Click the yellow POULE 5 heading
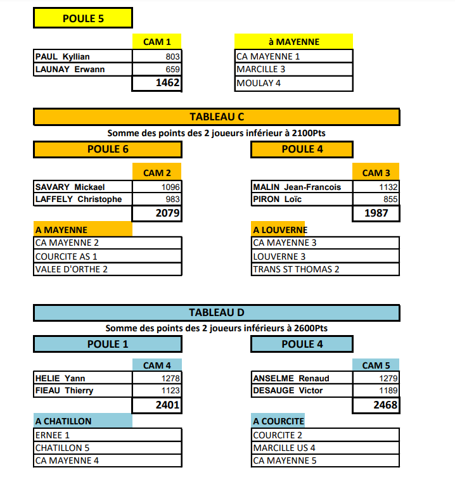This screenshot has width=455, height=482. [x=83, y=18]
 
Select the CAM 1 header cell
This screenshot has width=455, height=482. [x=157, y=42]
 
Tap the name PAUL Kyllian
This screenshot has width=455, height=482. [x=62, y=56]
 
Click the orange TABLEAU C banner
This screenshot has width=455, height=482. [x=217, y=117]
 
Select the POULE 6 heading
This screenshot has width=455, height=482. [x=108, y=149]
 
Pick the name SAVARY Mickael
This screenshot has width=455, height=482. [x=70, y=187]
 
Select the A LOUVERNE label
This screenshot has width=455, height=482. [x=279, y=230]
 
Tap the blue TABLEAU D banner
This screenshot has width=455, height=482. [x=217, y=313]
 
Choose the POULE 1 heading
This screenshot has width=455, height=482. [x=108, y=344]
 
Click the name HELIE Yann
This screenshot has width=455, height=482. [x=60, y=378]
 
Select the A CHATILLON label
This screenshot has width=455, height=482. [x=63, y=421]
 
